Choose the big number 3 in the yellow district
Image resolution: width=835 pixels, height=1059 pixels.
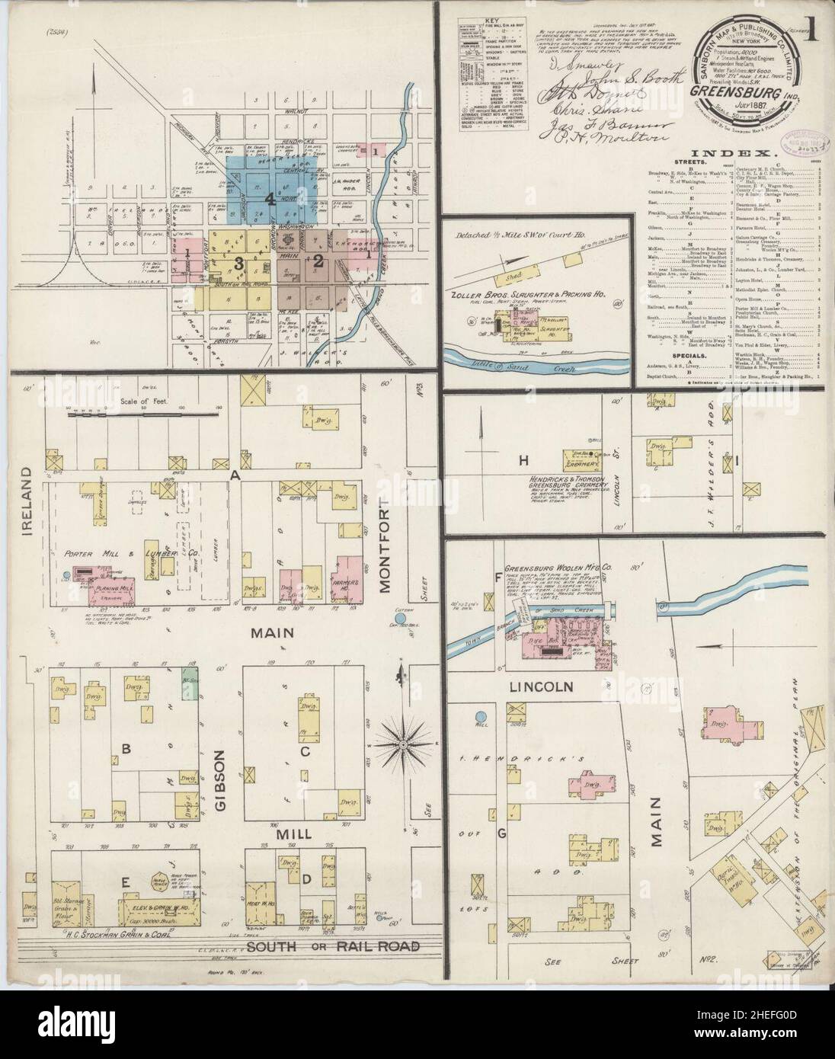click(x=238, y=263)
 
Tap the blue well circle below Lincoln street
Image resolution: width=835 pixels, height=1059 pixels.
click(x=481, y=717)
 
